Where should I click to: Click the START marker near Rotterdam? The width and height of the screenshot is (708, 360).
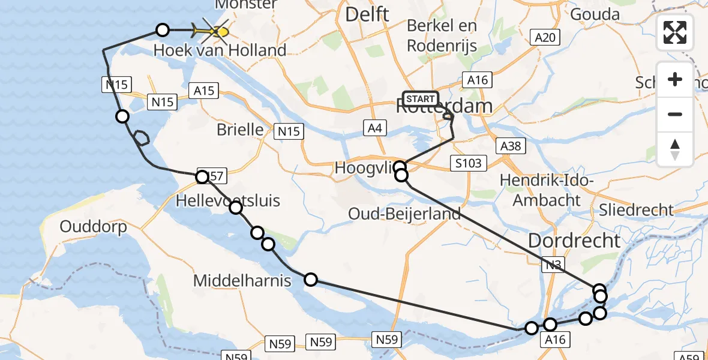[421, 99]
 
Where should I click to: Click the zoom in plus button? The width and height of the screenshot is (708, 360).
[675, 80]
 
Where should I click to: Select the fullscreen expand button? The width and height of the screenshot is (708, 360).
[675, 32]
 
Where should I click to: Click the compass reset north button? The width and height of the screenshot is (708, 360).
[675, 149]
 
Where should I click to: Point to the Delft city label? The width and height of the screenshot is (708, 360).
[367, 14]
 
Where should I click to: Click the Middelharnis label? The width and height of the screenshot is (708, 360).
[242, 280]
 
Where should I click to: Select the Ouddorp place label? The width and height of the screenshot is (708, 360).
[94, 227]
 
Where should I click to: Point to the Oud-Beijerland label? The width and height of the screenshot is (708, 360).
[404, 214]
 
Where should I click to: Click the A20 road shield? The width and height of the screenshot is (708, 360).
[545, 38]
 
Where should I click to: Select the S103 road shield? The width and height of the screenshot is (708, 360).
[467, 163]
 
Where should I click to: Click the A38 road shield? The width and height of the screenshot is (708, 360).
[512, 145]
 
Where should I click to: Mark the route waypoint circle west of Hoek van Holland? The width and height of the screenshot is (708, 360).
[163, 29]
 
